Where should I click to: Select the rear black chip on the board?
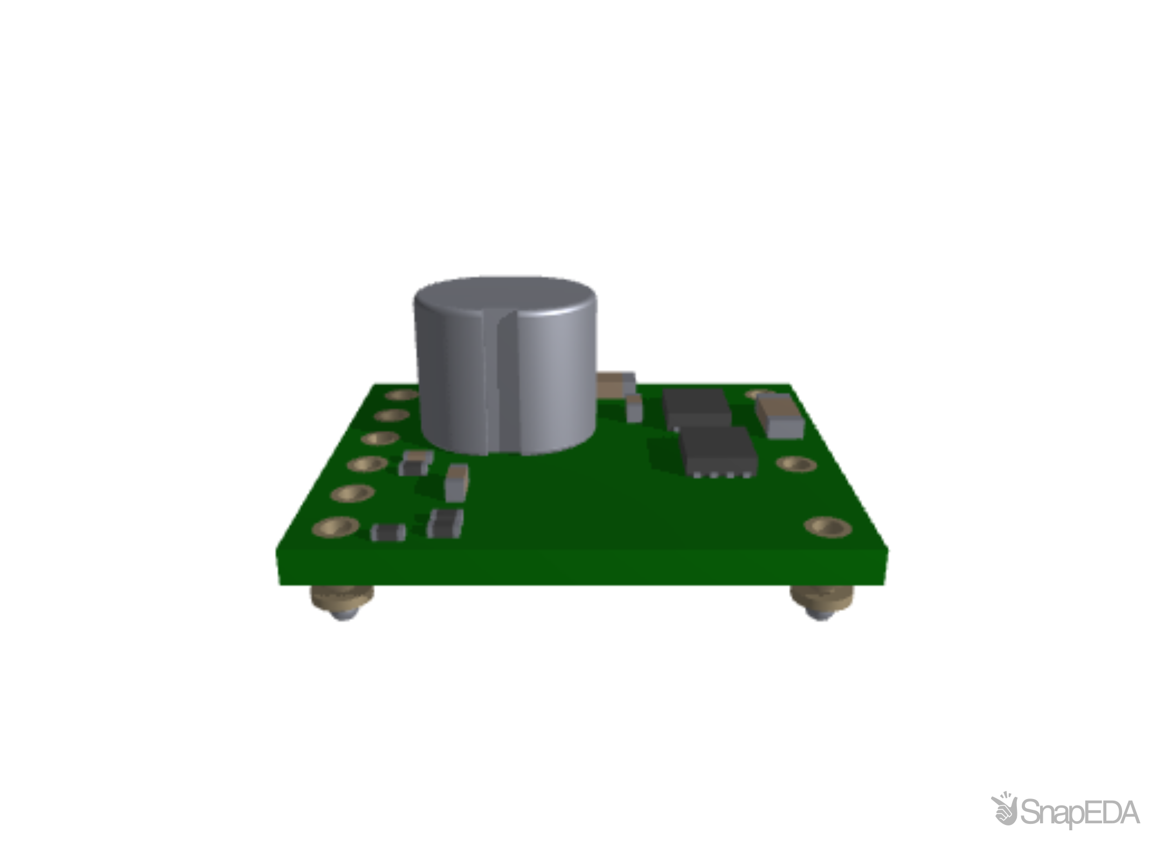(696, 407)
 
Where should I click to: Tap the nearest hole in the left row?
(335, 527)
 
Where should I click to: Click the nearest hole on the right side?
(828, 526)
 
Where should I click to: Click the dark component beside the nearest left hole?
(389, 532)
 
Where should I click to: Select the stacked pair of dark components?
(445, 523)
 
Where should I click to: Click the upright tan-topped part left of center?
(456, 482)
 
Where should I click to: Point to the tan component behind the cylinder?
(616, 384)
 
